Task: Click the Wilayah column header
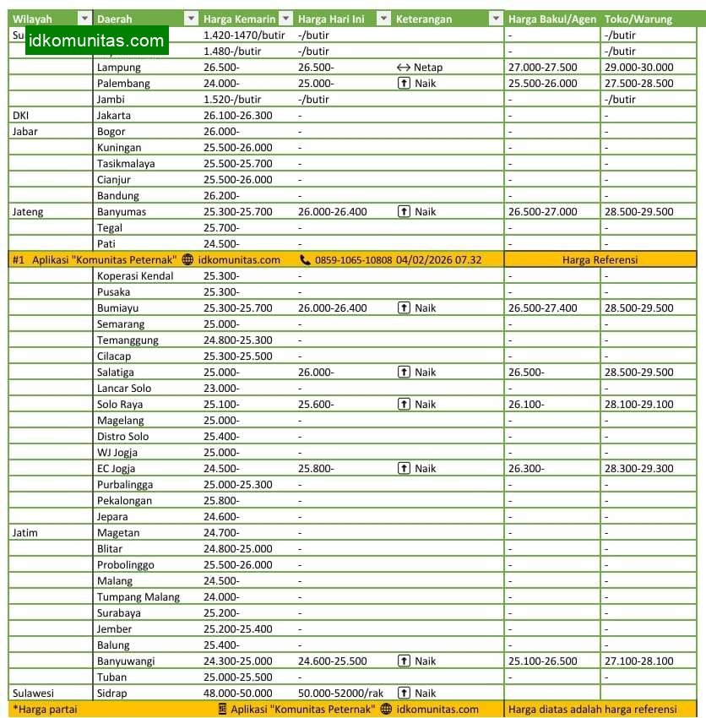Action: pyautogui.click(x=32, y=19)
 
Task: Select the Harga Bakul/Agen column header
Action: pyautogui.click(x=552, y=19)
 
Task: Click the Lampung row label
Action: pyautogui.click(x=119, y=68)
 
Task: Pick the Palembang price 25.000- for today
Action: pyautogui.click(x=317, y=84)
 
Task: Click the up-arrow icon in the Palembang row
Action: pyautogui.click(x=404, y=84)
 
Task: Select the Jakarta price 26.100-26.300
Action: pyautogui.click(x=238, y=116)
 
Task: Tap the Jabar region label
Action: pyautogui.click(x=25, y=132)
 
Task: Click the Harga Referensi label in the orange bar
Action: pyautogui.click(x=600, y=260)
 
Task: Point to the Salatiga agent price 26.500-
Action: pyautogui.click(x=526, y=373)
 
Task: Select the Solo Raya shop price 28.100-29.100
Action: pyautogui.click(x=638, y=405)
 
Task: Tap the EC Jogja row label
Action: pyautogui.click(x=117, y=469)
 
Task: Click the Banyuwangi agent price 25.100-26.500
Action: pyautogui.click(x=542, y=661)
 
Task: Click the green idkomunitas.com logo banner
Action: pyautogui.click(x=96, y=41)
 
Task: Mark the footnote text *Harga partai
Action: pyautogui.click(x=45, y=710)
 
